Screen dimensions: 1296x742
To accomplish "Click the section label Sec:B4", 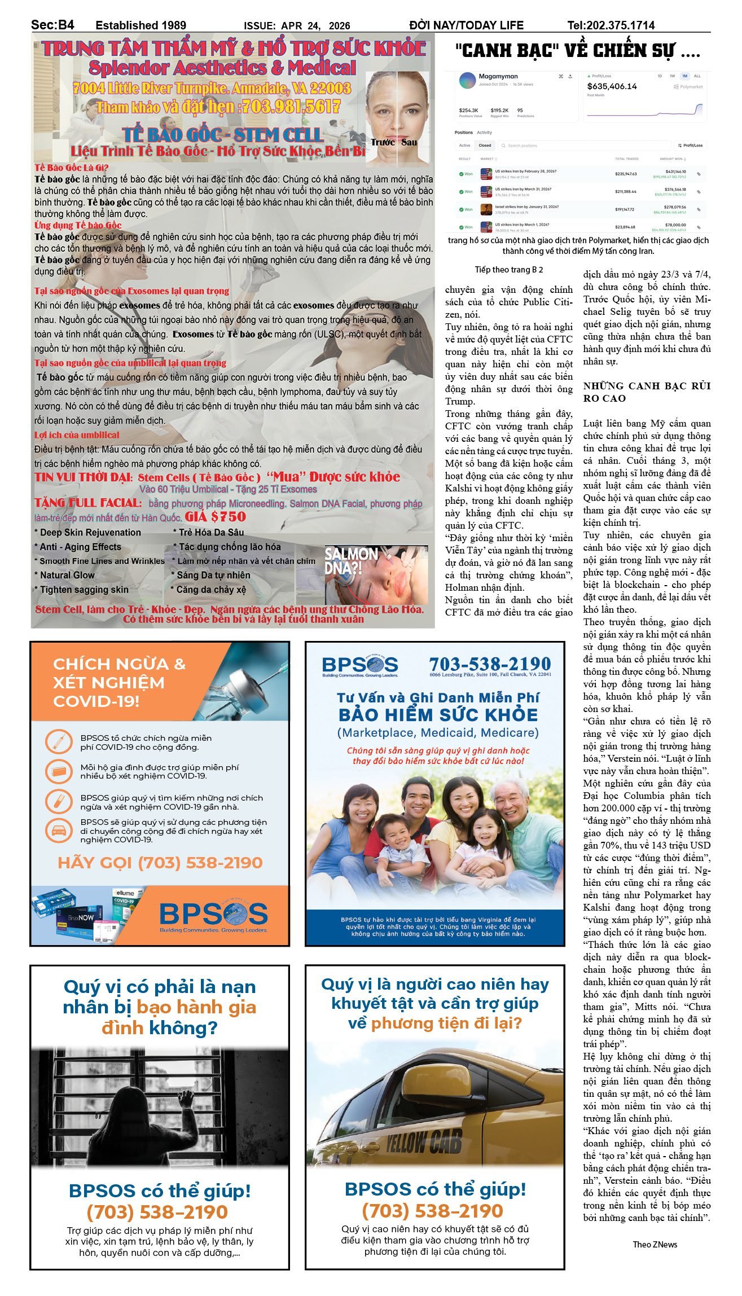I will [52, 25].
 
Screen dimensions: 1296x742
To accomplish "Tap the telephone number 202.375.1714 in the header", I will [620, 25].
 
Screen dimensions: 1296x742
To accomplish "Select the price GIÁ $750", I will [216, 516].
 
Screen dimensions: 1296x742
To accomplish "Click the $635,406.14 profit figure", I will [612, 86].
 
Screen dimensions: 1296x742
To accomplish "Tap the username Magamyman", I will [498, 76].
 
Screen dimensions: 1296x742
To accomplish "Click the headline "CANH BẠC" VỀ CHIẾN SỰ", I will [577, 51].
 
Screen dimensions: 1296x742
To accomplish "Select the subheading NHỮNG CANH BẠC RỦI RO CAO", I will [646, 392].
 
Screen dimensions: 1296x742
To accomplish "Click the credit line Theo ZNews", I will [655, 1244].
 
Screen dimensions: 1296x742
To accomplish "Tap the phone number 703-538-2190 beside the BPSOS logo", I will [490, 664].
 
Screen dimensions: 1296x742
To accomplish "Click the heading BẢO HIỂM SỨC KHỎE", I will [438, 715].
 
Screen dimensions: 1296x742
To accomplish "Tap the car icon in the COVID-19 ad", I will [59, 831].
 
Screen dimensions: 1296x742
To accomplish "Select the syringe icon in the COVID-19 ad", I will [59, 741].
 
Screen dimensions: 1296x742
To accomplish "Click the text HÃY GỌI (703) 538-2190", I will [160, 863].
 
